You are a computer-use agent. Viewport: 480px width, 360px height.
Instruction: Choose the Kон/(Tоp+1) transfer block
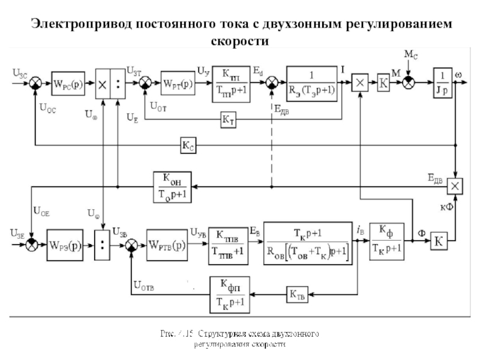[173, 187]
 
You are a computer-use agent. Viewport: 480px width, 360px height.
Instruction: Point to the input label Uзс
[20, 71]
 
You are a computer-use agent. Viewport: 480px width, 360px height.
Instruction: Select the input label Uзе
[19, 232]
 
